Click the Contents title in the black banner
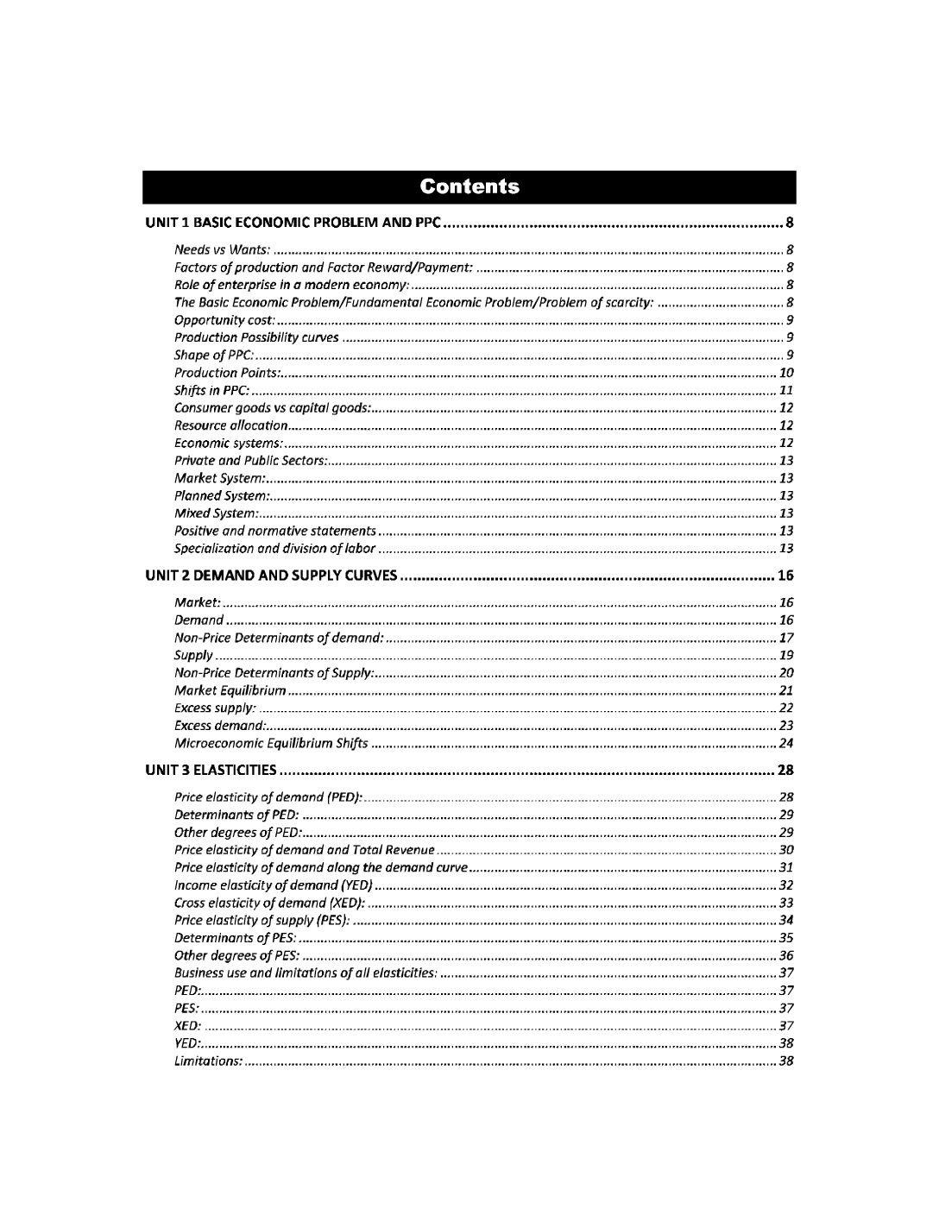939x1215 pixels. click(469, 186)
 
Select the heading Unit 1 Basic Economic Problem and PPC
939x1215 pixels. click(293, 223)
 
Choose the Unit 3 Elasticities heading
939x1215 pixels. click(211, 770)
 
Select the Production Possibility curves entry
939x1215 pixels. click(256, 337)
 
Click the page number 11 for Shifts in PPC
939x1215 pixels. click(786, 391)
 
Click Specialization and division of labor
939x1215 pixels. click(274, 549)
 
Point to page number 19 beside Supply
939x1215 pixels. click(786, 656)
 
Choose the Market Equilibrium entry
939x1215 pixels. click(230, 690)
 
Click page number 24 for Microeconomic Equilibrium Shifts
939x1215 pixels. click(786, 744)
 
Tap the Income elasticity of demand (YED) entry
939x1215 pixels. click(274, 885)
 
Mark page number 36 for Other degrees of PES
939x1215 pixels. click(786, 956)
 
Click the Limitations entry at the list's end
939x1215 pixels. click(208, 1061)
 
